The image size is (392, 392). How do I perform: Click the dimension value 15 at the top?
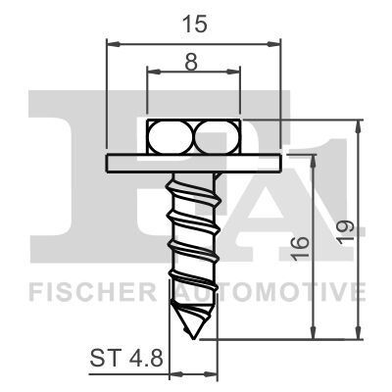coord(192,26)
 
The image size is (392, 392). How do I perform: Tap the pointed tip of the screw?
coord(194,330)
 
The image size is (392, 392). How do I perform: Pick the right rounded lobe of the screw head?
coord(215,136)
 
